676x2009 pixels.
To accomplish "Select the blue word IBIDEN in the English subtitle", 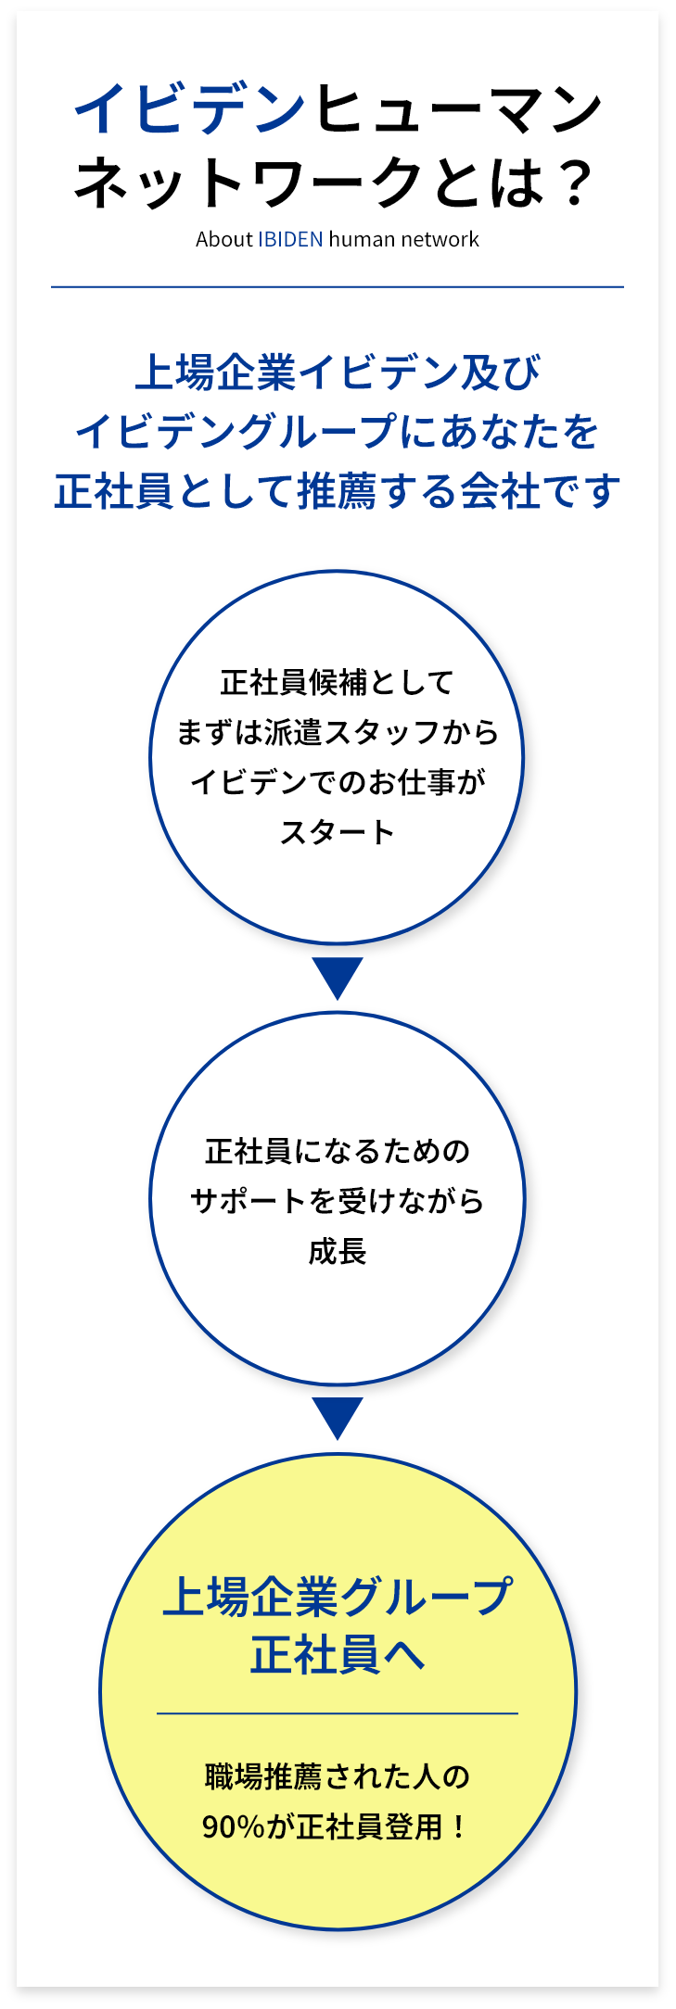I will pos(290,239).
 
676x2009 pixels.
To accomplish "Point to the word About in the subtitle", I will pos(223,239).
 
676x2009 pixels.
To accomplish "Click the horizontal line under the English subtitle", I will pos(338,287).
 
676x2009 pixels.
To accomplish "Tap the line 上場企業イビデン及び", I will pos(338,373).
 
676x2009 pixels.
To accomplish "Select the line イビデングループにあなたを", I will pos(338,432).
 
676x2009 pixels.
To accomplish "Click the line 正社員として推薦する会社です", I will pos(338,491).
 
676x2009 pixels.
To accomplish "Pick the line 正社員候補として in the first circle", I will pos(338,683).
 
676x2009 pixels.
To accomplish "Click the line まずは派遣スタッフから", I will pos(338,733).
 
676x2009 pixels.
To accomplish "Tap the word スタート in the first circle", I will pos(338,832).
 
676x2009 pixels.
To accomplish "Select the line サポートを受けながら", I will pos(338,1202).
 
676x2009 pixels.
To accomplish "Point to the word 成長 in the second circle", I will pos(338,1252).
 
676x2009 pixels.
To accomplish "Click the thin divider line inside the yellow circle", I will pos(338,1713).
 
